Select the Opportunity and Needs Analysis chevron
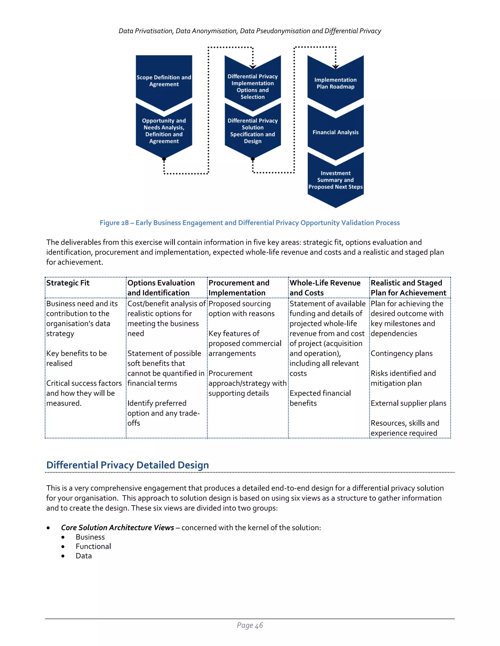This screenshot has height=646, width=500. point(164,131)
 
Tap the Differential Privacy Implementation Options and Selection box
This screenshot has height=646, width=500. point(252,86)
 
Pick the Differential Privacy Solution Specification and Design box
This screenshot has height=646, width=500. point(252,131)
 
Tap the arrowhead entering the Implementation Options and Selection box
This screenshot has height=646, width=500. point(253,67)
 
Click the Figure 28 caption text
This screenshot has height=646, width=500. point(250,223)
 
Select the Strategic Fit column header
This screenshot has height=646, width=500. point(68,283)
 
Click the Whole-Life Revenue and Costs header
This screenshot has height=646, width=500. point(325,287)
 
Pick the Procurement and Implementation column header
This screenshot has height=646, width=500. point(239,287)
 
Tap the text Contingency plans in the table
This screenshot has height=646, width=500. point(401,353)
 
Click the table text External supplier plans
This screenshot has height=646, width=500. point(408,403)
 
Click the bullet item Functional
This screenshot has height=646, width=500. point(93,546)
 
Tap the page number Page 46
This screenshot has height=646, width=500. point(250,625)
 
